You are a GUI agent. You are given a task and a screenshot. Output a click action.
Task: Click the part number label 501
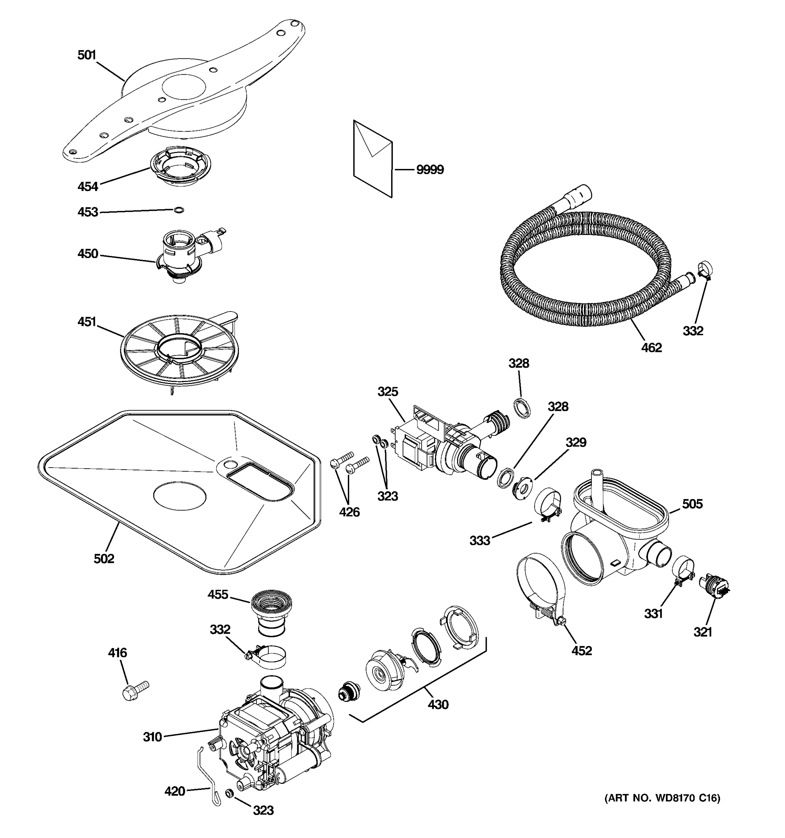[87, 55]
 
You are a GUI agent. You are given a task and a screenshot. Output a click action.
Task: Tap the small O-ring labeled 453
[179, 210]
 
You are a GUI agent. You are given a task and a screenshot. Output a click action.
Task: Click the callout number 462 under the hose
[651, 347]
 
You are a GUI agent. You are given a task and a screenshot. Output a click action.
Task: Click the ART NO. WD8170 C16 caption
[663, 798]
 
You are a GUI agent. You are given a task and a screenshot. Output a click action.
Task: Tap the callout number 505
[692, 504]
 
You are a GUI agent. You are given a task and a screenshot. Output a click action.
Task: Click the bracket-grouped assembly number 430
[438, 704]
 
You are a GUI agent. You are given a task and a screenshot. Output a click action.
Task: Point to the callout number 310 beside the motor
[152, 737]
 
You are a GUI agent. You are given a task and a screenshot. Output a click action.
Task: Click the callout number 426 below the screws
[349, 512]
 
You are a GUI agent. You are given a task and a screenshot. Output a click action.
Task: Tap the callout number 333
[480, 541]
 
